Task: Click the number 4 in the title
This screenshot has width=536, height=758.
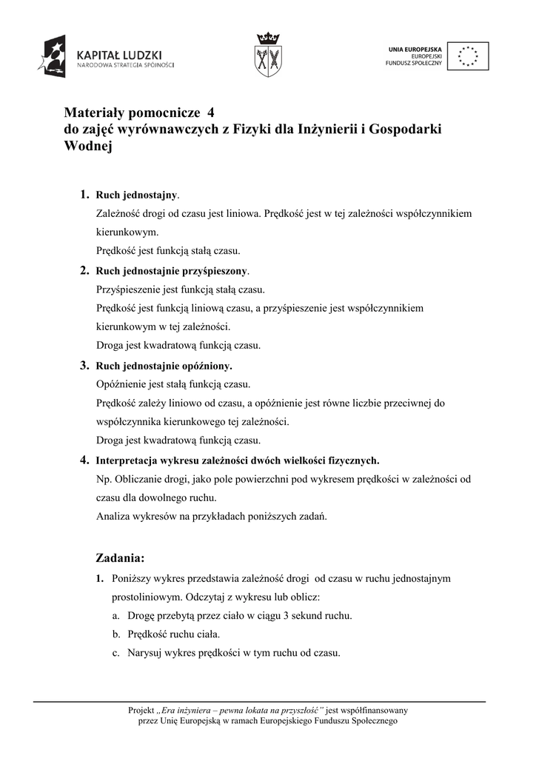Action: coord(211,113)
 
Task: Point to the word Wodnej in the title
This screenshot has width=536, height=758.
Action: coord(88,146)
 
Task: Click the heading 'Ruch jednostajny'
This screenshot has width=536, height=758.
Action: coord(137,195)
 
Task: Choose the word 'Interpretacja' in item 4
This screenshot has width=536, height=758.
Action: coord(125,460)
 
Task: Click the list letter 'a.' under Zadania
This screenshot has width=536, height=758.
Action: coord(116,615)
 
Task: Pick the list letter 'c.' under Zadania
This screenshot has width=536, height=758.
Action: coord(116,654)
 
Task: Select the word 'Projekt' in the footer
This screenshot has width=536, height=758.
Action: coord(141,710)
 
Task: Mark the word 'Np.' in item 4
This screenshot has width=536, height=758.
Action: coord(104,479)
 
